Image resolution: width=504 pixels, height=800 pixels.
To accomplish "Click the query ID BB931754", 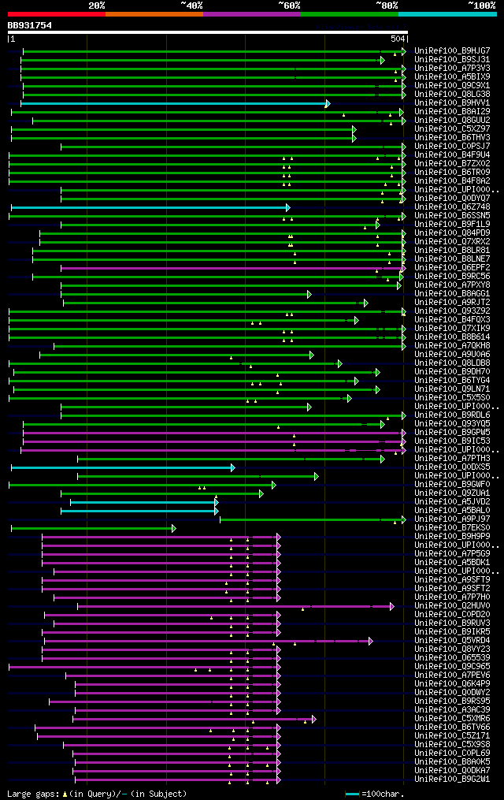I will point(30,25).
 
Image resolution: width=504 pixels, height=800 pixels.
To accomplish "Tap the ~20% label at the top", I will point(96,5).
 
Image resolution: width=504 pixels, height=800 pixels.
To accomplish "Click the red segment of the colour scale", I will point(56,13).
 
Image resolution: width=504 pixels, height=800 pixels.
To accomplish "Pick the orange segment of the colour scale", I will point(154,13).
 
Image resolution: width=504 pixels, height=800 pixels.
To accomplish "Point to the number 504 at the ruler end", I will point(398,39).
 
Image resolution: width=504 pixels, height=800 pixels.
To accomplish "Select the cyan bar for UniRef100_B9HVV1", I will point(173,103).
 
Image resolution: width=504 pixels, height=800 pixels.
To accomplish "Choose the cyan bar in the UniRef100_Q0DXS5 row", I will point(122,467).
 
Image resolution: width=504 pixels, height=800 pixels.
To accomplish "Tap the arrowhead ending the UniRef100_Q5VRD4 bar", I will point(371,641).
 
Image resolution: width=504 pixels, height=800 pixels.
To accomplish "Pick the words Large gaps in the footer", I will point(32,794).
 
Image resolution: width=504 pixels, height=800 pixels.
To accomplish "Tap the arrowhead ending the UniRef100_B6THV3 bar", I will point(354,138).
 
